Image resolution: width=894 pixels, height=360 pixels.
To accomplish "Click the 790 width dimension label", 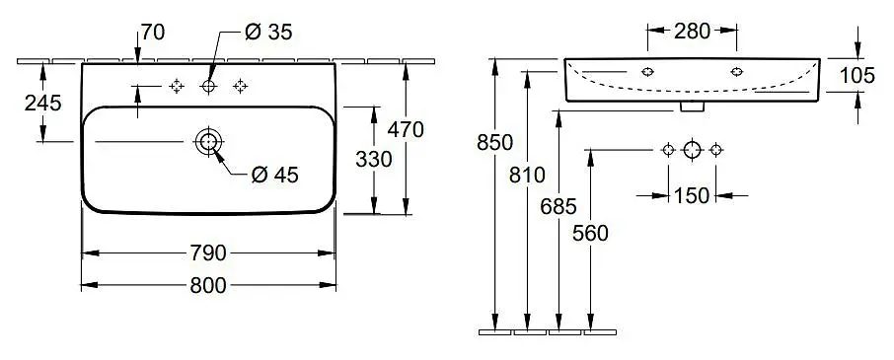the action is pyautogui.click(x=208, y=252).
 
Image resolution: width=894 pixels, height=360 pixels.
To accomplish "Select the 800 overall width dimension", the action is pyautogui.click(x=208, y=285).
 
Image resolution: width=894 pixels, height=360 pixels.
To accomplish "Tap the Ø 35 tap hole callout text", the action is pyautogui.click(x=268, y=33).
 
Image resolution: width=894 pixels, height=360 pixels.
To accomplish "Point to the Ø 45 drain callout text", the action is pyautogui.click(x=275, y=176).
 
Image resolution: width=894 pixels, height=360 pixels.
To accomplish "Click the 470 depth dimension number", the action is pyautogui.click(x=406, y=130).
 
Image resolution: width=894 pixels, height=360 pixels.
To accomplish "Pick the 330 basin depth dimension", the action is pyautogui.click(x=373, y=160).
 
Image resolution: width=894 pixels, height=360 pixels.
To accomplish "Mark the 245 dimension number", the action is pyautogui.click(x=42, y=104).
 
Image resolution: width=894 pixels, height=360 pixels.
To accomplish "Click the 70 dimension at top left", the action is pyautogui.click(x=153, y=33).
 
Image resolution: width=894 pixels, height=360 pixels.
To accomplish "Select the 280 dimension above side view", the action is pyautogui.click(x=692, y=31).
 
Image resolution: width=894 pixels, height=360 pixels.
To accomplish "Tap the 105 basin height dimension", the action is pyautogui.click(x=857, y=75).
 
